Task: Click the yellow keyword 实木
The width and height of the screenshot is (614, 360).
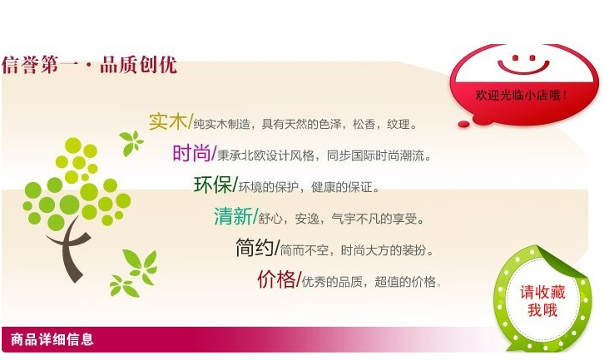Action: (167, 121)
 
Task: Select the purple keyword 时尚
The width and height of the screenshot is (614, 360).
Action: (191, 153)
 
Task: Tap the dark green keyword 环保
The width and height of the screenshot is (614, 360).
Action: (213, 185)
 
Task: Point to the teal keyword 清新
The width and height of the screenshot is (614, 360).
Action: (233, 216)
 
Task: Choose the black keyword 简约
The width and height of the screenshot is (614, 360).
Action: (255, 247)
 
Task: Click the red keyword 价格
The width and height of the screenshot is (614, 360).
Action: (276, 279)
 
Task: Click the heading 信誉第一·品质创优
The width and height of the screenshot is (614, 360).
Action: (89, 65)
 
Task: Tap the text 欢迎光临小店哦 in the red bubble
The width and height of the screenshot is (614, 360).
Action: (521, 95)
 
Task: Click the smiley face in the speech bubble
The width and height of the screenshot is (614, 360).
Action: (523, 64)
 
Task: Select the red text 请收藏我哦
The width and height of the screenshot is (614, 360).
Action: (542, 301)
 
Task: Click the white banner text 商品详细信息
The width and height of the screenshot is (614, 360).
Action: (52, 339)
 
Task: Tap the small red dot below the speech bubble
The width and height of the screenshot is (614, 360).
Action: (463, 124)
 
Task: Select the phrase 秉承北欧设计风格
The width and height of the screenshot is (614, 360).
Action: (266, 155)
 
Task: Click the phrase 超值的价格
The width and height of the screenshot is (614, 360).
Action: (405, 281)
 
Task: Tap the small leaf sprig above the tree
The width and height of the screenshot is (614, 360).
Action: (131, 143)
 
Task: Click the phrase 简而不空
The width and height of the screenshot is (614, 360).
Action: (305, 249)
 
